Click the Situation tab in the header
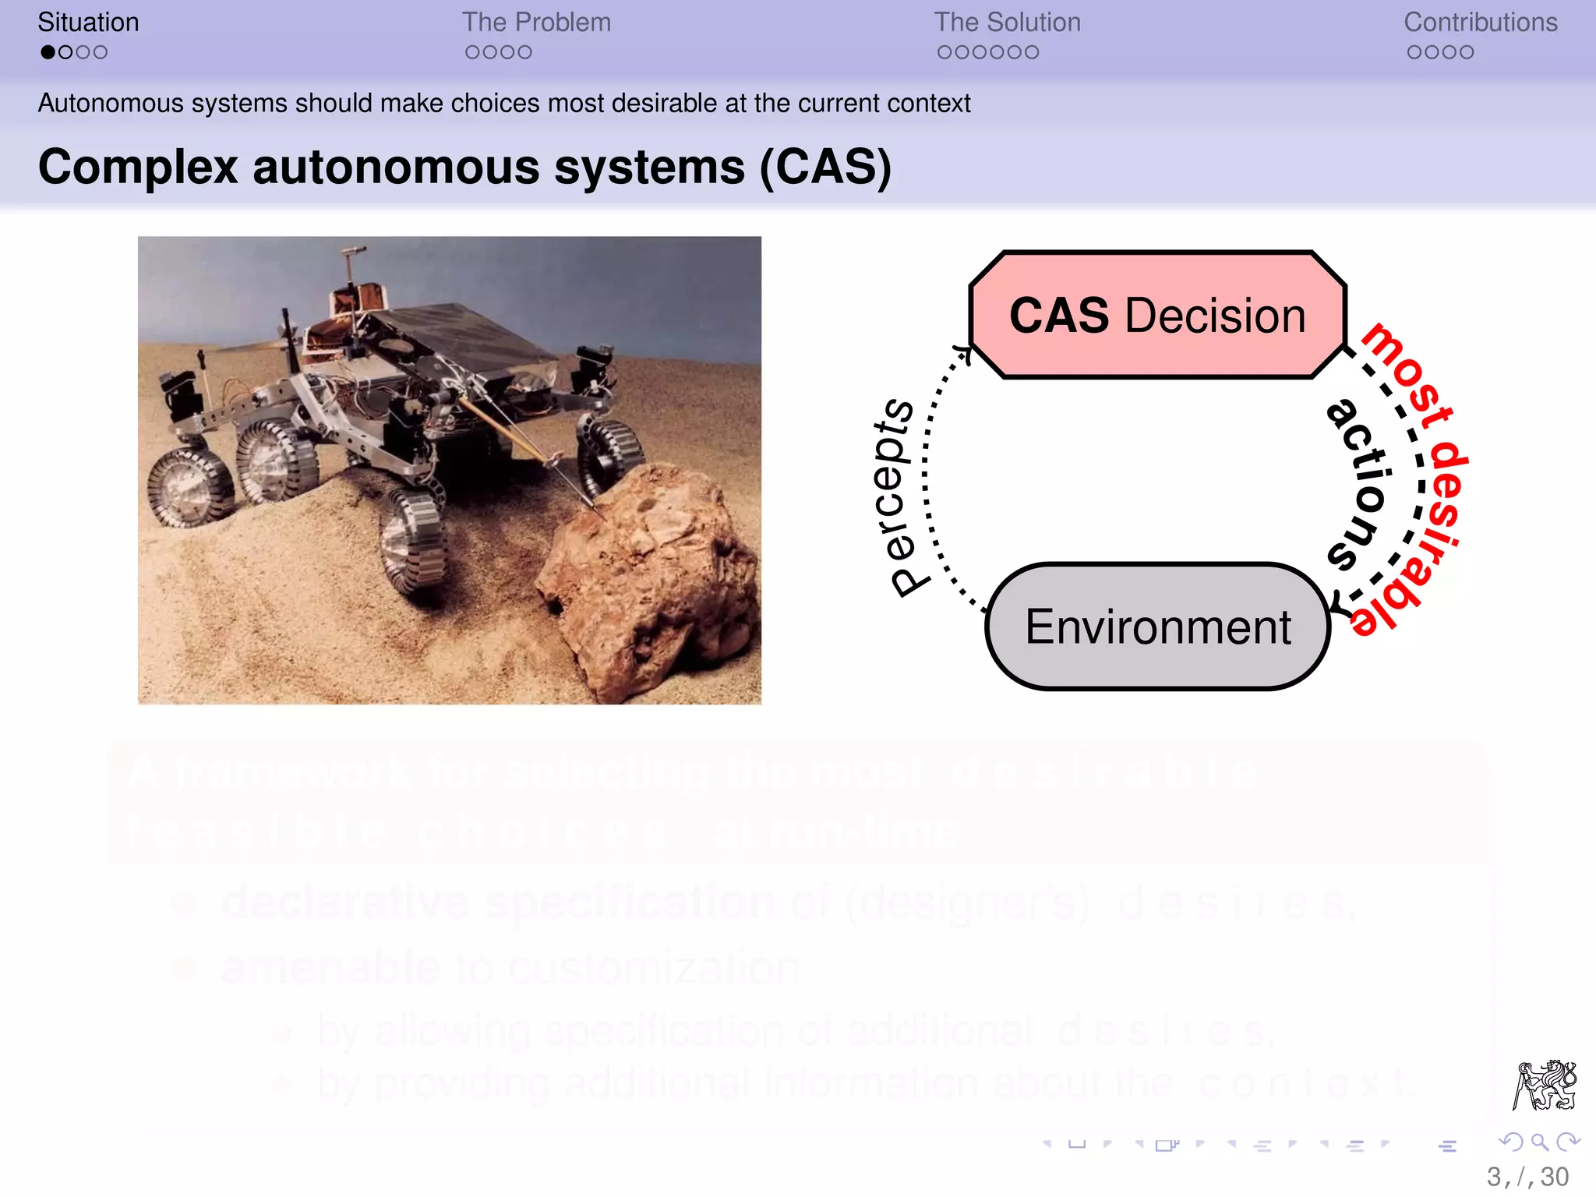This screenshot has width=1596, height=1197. tap(88, 23)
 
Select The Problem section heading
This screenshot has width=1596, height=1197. tap(536, 23)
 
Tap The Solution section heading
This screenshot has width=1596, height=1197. tap(1007, 23)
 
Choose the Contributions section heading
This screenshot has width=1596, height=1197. tap(1480, 23)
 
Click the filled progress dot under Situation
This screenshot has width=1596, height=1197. tap(48, 52)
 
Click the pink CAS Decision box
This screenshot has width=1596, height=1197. tap(1157, 316)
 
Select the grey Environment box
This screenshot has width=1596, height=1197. tap(1157, 627)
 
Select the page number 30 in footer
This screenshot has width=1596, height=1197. tap(1554, 1177)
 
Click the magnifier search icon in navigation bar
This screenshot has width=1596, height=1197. tap(1538, 1142)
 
